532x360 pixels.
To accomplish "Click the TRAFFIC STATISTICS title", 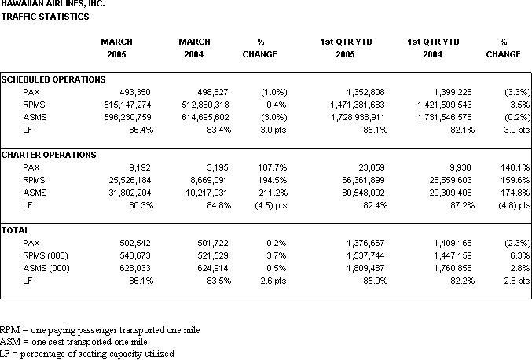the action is [45, 17].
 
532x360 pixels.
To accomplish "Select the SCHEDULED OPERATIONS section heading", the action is [53, 79].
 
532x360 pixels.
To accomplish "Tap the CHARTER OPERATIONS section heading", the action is [49, 155].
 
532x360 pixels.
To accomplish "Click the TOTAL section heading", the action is [15, 230].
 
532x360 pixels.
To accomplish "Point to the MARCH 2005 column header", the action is [117, 48].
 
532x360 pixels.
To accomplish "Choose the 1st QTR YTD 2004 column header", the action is [433, 48].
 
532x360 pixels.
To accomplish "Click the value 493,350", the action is [135, 92].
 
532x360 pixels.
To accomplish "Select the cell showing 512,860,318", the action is [205, 105].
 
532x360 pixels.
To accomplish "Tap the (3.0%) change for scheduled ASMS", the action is [274, 117].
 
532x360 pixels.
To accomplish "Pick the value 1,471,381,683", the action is [358, 105].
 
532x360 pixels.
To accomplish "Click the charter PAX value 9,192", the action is [139, 167].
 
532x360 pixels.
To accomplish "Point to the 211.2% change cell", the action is [273, 193].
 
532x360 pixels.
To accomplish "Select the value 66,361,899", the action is [363, 180].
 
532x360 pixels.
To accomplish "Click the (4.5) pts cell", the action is [271, 205].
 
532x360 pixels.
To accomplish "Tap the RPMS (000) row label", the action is [46, 255].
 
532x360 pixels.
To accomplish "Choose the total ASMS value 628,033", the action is [135, 268].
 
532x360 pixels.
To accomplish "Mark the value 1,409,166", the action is [453, 243].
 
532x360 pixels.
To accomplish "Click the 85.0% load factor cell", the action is [376, 281].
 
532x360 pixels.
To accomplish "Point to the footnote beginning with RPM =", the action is [100, 330].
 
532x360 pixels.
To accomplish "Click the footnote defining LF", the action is [87, 354].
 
